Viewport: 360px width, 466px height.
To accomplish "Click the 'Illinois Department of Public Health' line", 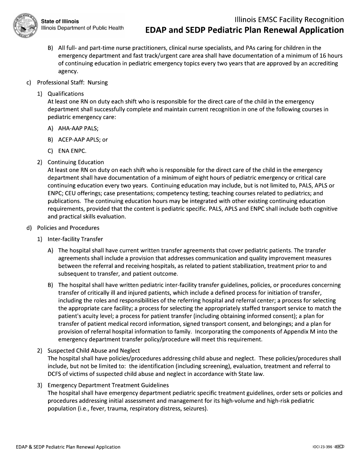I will pos(82,28).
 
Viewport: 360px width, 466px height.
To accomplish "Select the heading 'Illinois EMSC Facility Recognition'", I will pos(289,20).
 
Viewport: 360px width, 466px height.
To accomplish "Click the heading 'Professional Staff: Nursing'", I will pos(72,82).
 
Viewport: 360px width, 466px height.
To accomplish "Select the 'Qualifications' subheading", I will pos(66,94).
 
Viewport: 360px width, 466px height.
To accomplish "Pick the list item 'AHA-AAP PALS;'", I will pos(78,128).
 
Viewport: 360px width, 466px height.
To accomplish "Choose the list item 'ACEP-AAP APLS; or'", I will pos(83,139).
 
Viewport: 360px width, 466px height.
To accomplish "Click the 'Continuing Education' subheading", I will pos(75,162).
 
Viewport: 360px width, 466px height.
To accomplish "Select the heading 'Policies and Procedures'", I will pos(68,228).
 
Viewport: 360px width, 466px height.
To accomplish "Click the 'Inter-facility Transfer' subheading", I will pos(75,239).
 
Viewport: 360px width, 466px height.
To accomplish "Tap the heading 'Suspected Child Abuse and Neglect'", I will pos(94,350).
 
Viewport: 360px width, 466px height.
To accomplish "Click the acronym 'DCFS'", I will pos(55,374).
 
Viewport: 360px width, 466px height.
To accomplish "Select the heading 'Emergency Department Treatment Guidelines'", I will pos(108,385).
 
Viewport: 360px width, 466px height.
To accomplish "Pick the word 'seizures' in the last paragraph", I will pos(195,408).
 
